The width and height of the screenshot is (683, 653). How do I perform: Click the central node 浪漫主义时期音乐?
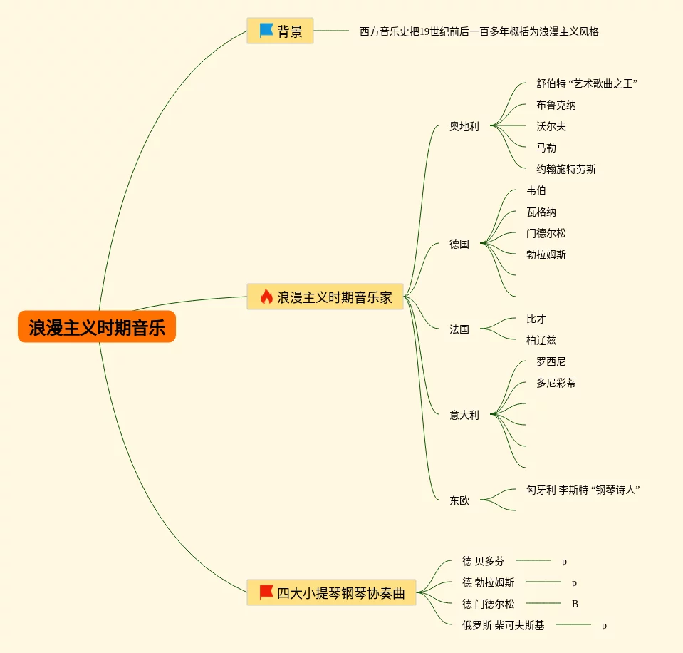pos(97,328)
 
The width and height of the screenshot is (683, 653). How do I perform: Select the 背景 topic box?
pos(280,31)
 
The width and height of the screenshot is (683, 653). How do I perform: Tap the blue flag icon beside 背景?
pos(266,31)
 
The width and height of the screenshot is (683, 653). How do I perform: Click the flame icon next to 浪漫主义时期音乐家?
pos(266,297)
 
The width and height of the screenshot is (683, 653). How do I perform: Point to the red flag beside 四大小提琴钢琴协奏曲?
pos(266,592)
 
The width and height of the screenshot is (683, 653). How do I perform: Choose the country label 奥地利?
pos(464,126)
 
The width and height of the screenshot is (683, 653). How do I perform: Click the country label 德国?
pos(459,244)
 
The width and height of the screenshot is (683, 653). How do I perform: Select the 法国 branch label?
pos(459,329)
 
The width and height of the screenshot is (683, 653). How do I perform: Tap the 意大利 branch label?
pos(464,415)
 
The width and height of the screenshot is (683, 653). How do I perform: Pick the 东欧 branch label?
pos(459,500)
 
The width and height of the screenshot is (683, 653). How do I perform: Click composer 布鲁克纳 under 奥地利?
pos(556,105)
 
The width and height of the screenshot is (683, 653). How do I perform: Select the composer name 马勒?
pos(546,148)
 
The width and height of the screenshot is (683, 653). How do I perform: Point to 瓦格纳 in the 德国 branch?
pos(541,212)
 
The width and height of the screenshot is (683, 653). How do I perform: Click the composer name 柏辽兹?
pos(541,340)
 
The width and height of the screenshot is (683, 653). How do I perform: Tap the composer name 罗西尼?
pos(551,361)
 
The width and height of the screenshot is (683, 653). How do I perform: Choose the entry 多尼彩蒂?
pos(556,383)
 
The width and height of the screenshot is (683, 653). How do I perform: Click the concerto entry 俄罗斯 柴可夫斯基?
pos(503,625)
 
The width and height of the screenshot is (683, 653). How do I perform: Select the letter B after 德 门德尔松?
pos(575,604)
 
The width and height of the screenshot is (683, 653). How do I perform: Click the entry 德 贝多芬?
pos(483,561)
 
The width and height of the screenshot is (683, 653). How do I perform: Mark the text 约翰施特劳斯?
pos(566,169)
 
